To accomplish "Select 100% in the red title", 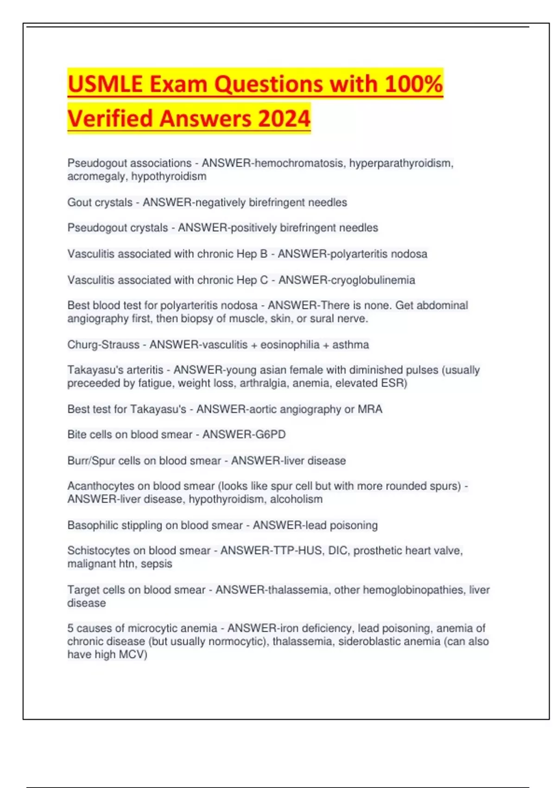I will pos(414,84).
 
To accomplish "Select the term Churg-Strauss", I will pos(103,345).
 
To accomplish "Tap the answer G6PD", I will pos(271,435).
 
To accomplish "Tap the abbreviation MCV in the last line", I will pos(131,655).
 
